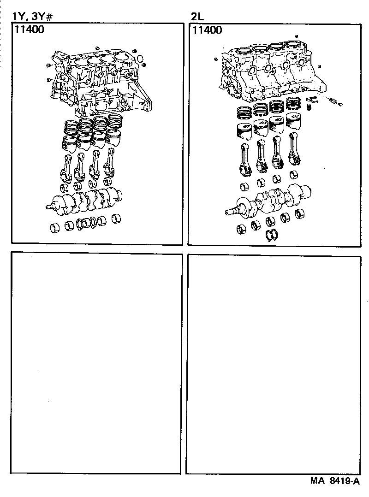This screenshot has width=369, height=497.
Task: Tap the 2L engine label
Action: [197, 17]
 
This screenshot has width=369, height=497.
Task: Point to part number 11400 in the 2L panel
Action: [207, 31]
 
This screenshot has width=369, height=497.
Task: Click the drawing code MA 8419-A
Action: [334, 481]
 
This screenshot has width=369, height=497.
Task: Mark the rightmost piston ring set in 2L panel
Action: [293, 104]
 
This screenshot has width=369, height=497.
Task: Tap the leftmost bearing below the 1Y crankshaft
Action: [55, 227]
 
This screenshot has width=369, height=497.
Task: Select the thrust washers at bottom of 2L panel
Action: [272, 235]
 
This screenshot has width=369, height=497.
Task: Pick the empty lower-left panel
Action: [96, 362]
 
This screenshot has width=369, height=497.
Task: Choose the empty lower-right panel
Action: [273, 364]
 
